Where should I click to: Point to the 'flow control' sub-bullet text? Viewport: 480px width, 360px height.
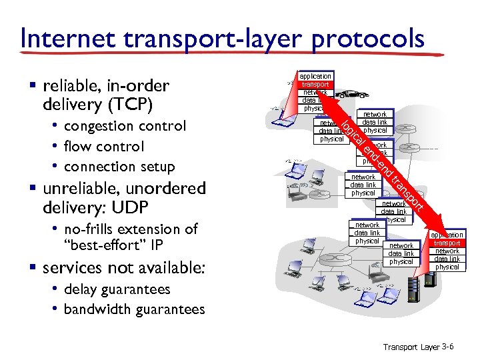(x=104, y=146)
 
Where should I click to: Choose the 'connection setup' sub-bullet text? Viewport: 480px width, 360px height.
(x=119, y=167)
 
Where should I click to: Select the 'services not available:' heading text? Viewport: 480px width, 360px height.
(x=124, y=268)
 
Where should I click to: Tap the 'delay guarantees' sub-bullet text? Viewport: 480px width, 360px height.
(x=117, y=289)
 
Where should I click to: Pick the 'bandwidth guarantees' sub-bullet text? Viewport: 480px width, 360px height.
(x=134, y=310)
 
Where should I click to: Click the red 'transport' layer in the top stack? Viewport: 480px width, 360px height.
(x=315, y=85)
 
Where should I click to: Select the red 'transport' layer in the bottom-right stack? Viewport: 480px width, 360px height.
(x=447, y=243)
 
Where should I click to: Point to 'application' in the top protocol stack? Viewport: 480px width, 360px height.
(x=315, y=77)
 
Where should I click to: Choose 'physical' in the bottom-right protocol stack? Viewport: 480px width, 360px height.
(x=447, y=267)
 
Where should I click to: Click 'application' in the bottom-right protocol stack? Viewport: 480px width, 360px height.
(x=448, y=235)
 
